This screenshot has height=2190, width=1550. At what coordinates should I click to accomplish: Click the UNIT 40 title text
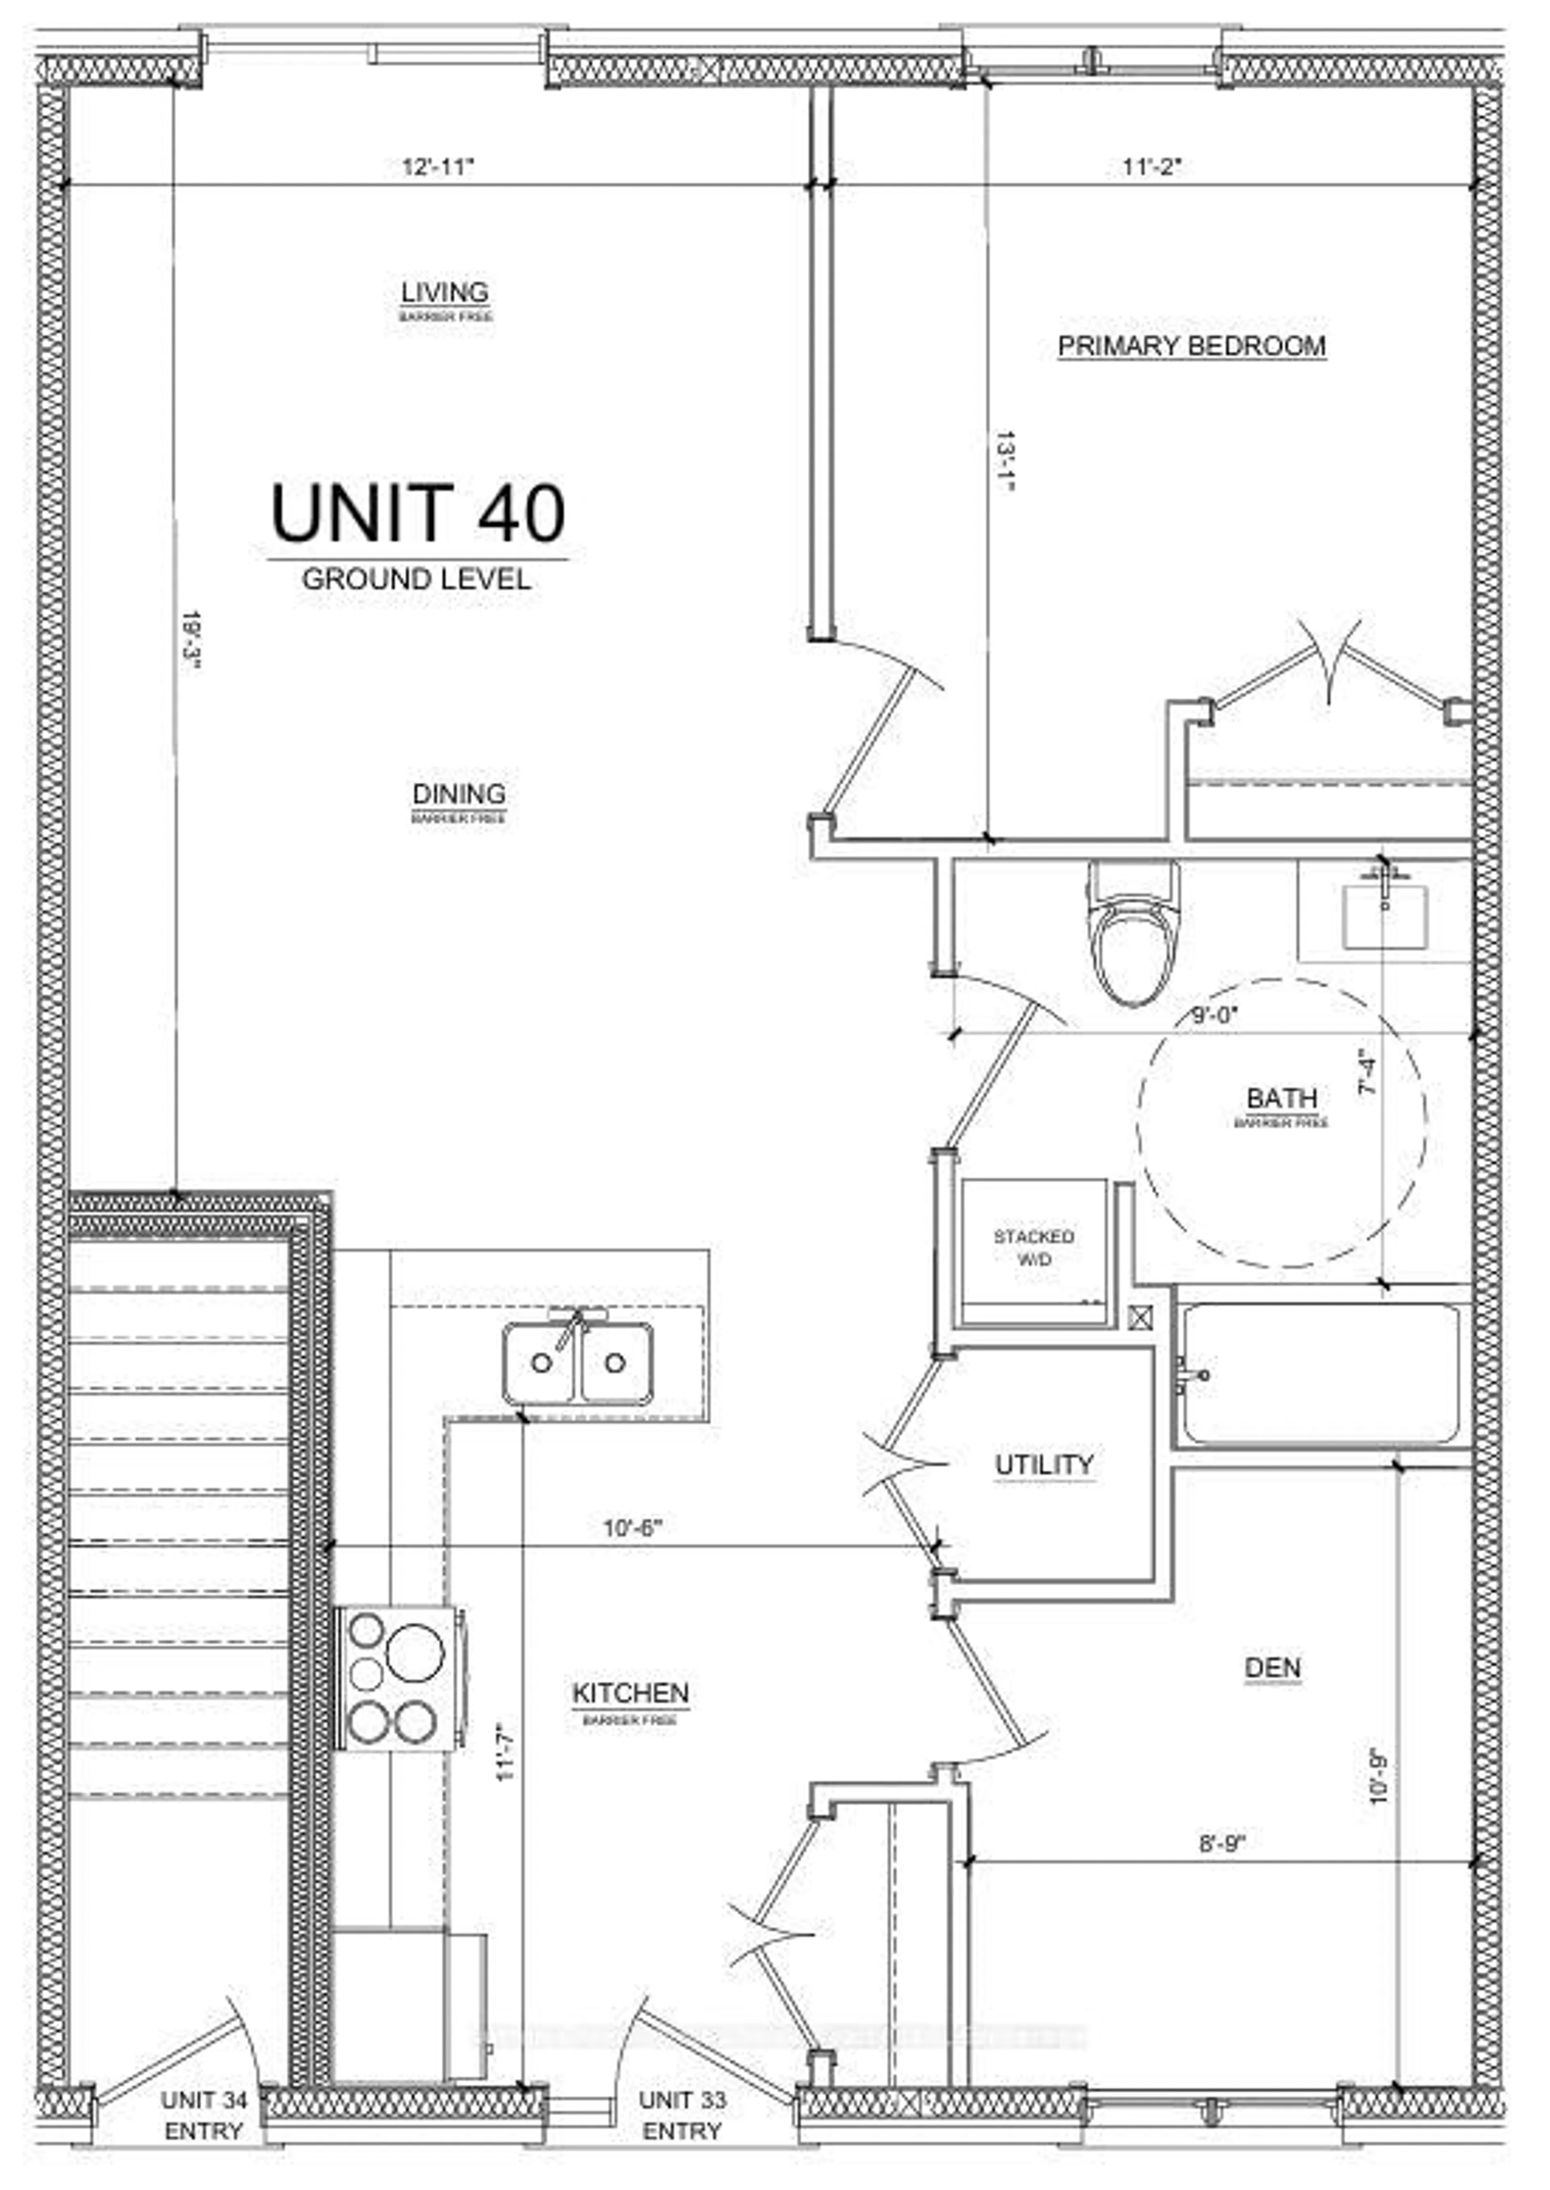pos(418,513)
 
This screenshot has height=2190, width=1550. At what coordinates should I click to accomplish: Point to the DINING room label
pos(459,794)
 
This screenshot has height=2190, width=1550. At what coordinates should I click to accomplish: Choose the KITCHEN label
pos(630,1693)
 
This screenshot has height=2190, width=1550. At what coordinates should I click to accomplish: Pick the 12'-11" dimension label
pos(438,167)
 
